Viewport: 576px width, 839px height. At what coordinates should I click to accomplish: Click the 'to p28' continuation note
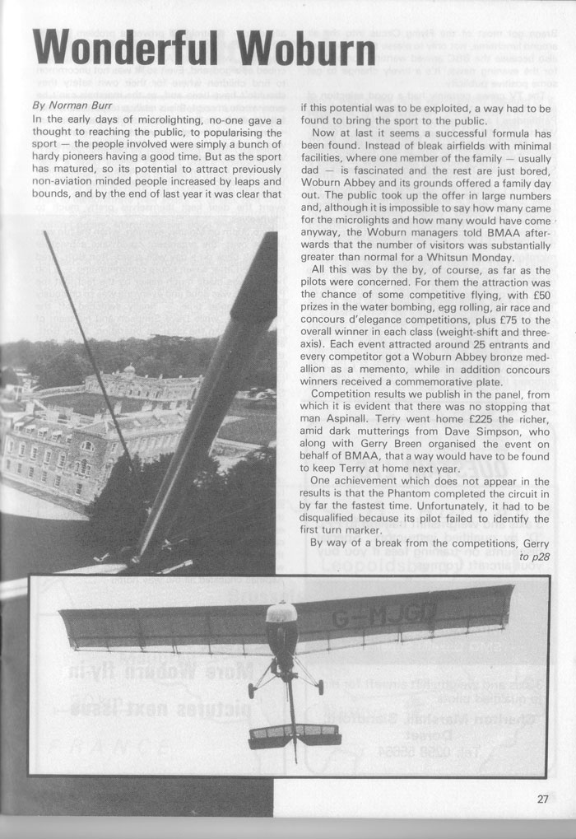point(536,557)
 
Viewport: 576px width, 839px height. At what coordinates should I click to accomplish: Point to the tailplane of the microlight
point(295,734)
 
